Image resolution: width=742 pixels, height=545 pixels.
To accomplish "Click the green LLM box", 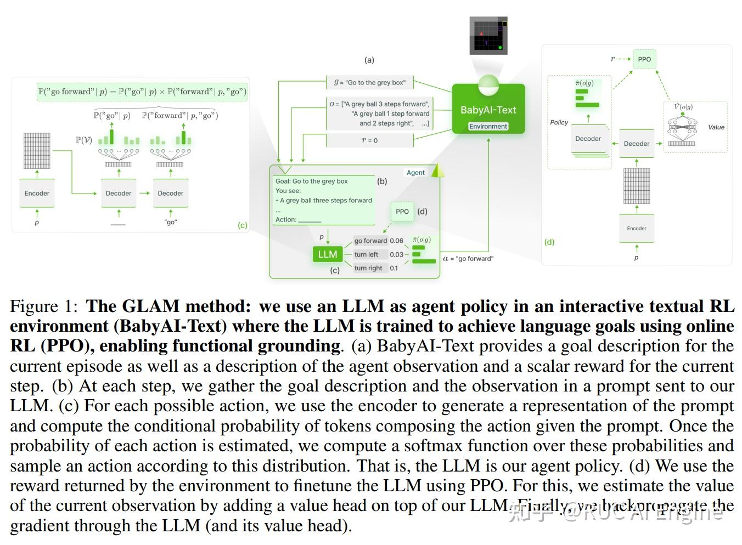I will click(x=327, y=254).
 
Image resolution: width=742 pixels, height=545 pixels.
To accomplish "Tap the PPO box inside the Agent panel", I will click(x=402, y=212).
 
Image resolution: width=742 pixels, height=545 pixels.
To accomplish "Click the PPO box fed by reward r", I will click(x=644, y=59).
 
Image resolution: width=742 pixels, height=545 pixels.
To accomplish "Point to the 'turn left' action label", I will click(x=366, y=254).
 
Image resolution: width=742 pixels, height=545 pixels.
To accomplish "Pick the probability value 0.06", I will click(x=396, y=241).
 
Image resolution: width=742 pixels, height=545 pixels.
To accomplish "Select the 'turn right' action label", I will click(x=368, y=268).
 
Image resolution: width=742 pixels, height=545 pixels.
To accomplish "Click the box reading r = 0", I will click(x=369, y=140).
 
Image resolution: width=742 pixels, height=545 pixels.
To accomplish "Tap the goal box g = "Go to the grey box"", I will click(x=369, y=83).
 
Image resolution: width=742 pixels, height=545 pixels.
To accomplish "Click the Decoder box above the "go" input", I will click(x=171, y=193).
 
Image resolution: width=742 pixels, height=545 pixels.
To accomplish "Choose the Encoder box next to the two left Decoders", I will click(x=37, y=193).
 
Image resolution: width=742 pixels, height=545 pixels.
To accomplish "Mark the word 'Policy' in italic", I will click(x=559, y=122).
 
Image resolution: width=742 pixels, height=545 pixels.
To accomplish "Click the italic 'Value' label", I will click(x=716, y=127).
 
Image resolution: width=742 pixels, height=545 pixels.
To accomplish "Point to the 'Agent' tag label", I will click(x=415, y=172).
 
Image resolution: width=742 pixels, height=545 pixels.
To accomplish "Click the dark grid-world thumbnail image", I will click(x=488, y=36).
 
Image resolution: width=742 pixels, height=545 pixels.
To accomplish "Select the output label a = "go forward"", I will click(x=468, y=258).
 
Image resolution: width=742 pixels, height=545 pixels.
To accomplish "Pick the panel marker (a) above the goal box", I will click(x=369, y=60).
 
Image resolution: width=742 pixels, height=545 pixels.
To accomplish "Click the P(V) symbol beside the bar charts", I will click(x=83, y=140).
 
